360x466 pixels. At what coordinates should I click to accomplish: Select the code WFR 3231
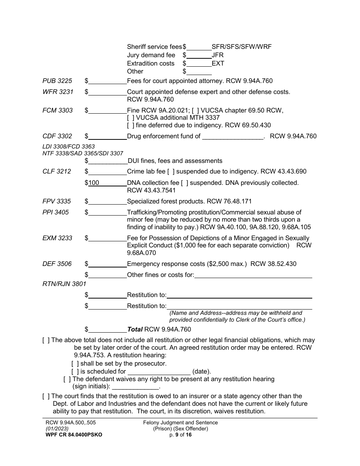(x=58, y=92)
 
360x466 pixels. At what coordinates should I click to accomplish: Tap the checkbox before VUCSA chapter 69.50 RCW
(x=195, y=110)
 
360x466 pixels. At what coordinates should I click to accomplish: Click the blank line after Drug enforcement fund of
(x=232, y=136)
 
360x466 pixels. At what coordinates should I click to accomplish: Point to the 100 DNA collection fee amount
(x=94, y=183)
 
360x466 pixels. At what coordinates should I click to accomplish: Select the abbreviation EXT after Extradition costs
(x=218, y=63)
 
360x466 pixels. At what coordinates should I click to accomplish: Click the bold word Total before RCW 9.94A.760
(x=135, y=329)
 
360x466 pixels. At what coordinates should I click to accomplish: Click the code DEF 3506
(x=57, y=264)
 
